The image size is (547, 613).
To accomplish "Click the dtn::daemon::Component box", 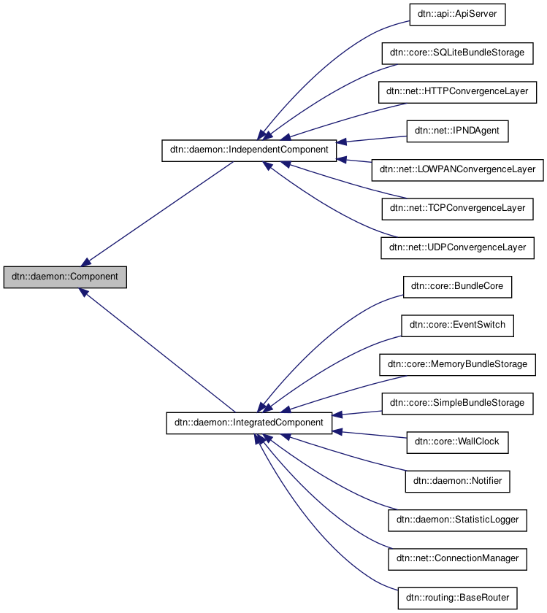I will [65, 277].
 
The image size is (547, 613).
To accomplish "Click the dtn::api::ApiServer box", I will [457, 15].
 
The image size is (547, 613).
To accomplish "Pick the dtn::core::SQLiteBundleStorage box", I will [457, 54].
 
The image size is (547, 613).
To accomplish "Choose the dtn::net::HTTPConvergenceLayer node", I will [457, 93].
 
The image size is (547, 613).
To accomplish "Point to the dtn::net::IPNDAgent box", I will [457, 131].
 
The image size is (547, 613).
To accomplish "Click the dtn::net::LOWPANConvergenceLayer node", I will [457, 170].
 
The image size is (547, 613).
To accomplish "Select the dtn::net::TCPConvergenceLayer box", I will [457, 209].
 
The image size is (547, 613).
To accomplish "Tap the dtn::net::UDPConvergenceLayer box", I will [457, 248].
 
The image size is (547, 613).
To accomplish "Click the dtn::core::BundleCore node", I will [457, 287].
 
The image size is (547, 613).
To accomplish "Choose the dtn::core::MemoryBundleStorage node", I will [457, 364].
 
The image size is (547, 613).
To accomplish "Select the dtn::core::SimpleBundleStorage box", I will [457, 403].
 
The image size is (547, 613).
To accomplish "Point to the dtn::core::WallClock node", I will [457, 442].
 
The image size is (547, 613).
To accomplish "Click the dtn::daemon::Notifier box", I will [457, 481].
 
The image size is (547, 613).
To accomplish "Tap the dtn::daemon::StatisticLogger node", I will [457, 520].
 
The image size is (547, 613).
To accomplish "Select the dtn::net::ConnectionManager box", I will [457, 558].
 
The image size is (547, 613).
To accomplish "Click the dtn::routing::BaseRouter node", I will [457, 598].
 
